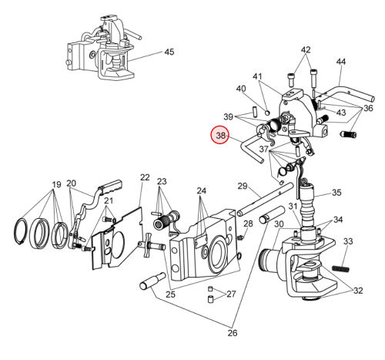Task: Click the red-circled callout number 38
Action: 220,136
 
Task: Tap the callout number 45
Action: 169,52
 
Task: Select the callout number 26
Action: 233,333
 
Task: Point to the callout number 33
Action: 348,241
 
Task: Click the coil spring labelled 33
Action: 340,269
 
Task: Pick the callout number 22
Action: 145,177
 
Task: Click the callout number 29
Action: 243,186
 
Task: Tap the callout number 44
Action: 341,62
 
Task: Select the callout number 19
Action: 57,184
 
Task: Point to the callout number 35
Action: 336,193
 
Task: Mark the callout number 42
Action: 306,49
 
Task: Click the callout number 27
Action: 231,294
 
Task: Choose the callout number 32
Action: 358,291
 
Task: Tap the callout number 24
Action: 202,191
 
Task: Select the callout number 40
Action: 241,89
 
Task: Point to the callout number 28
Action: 248,224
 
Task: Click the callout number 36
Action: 368,108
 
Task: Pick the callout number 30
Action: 279,224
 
